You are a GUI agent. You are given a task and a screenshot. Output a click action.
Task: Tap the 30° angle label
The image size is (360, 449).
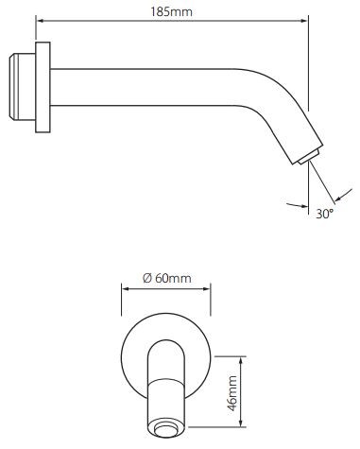325,213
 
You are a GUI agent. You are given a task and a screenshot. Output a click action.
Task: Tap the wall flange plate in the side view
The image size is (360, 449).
43,84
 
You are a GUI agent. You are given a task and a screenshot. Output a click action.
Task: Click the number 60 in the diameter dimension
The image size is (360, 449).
163,278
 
